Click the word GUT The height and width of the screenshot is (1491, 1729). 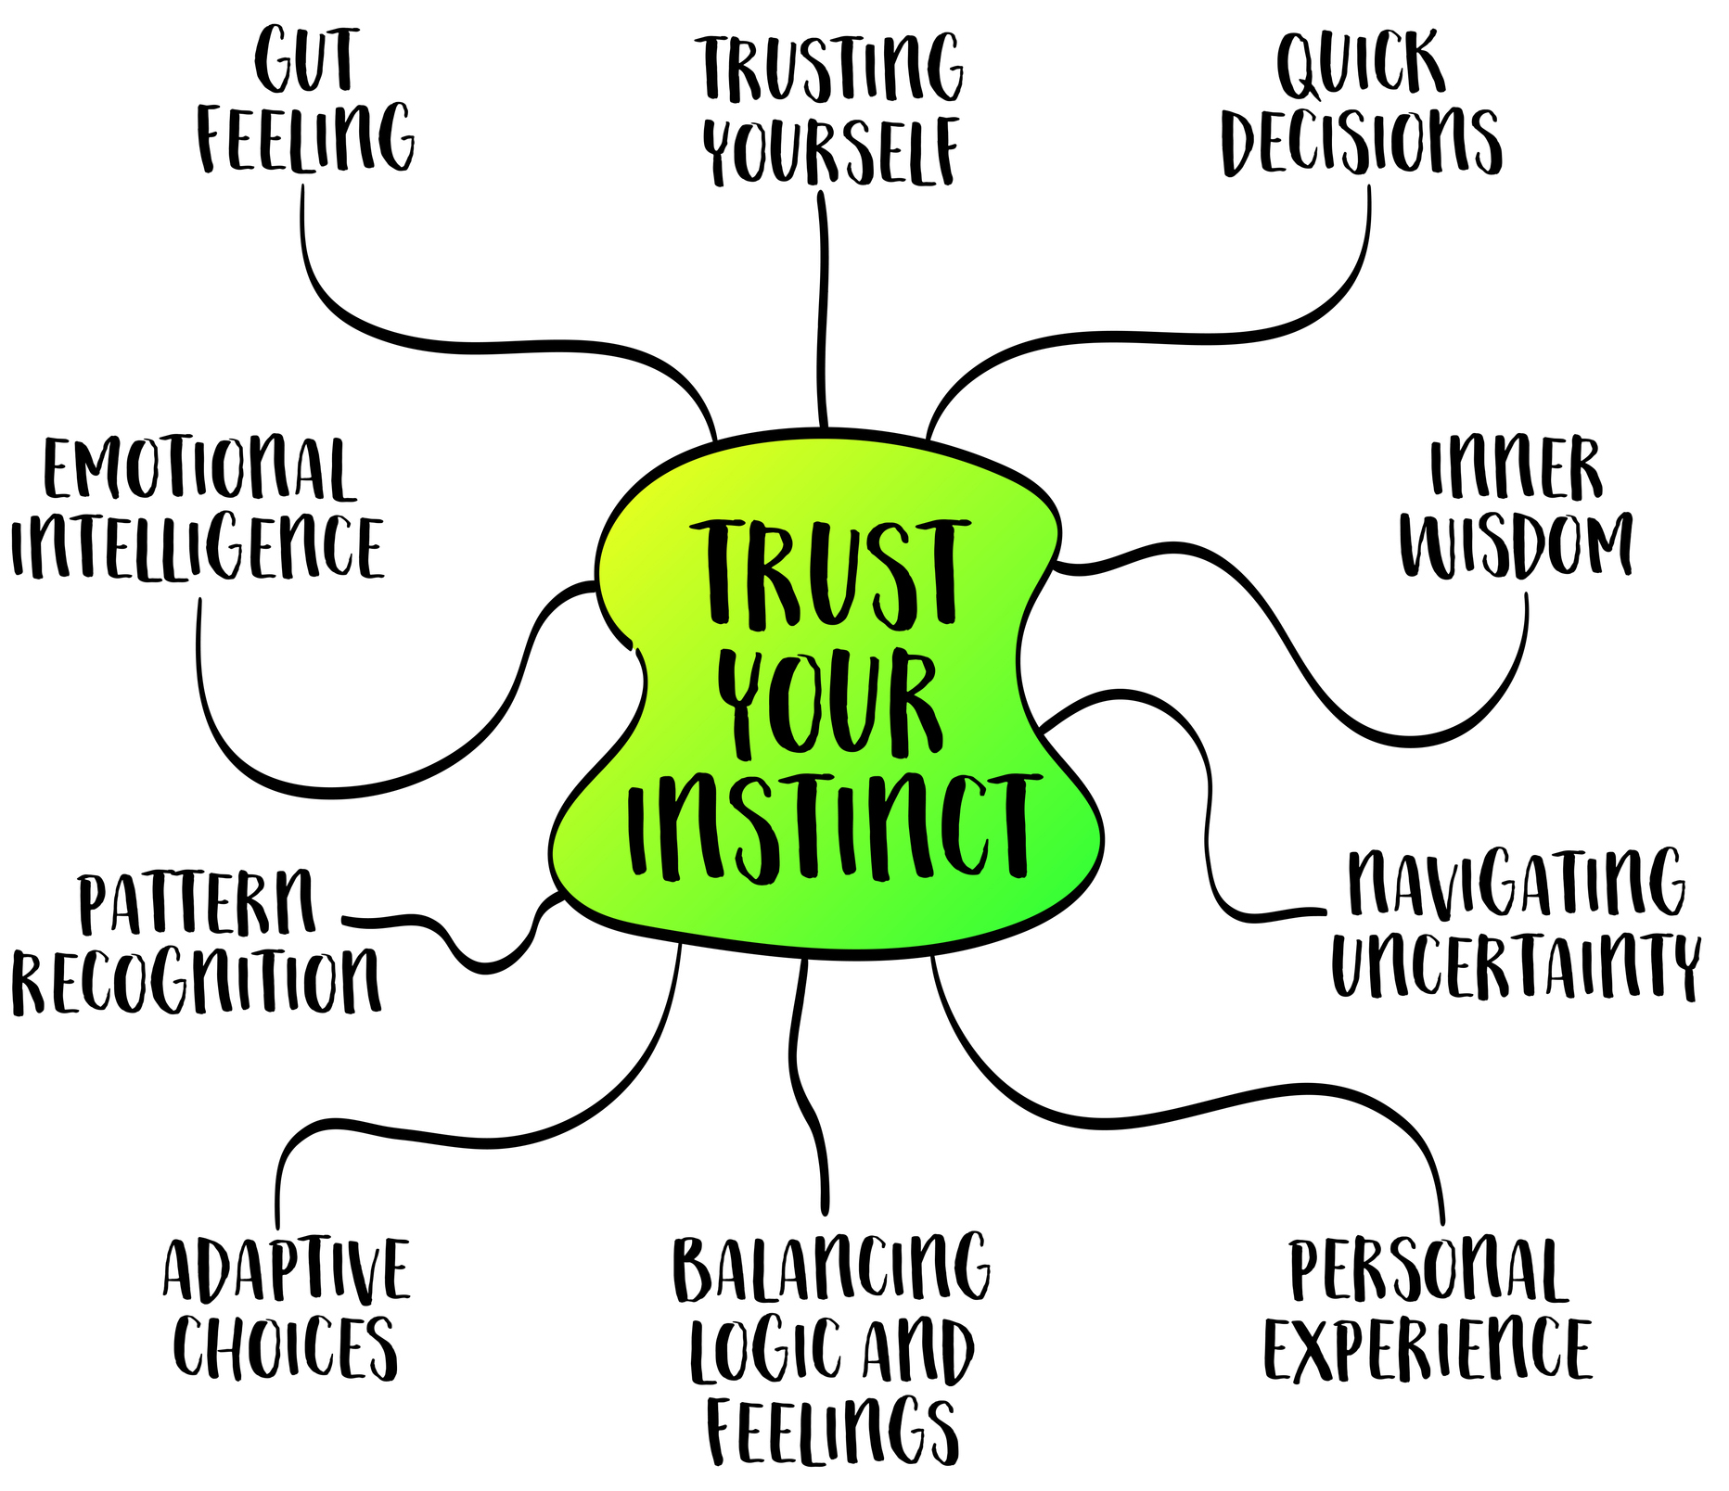(x=305, y=61)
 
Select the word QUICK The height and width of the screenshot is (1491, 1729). (x=1361, y=65)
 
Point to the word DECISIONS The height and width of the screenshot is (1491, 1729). (x=1362, y=141)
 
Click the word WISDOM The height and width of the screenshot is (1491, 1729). (x=1516, y=545)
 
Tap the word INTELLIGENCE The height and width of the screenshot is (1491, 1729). (x=198, y=547)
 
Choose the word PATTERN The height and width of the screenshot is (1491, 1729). (x=197, y=901)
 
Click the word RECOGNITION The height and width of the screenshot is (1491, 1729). (x=197, y=980)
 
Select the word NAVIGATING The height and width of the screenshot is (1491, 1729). (x=1516, y=883)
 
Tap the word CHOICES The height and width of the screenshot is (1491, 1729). (x=287, y=1346)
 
